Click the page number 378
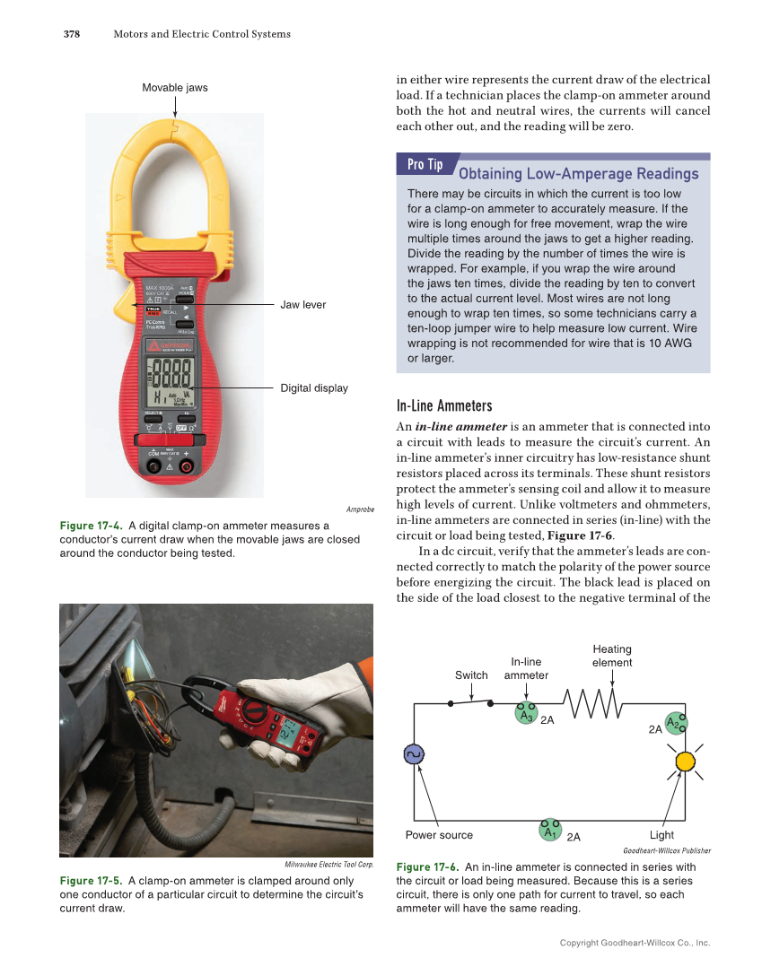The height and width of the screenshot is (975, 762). coord(72,35)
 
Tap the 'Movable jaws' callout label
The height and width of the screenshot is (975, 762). coord(175,87)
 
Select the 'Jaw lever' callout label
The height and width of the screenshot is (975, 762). coord(303,305)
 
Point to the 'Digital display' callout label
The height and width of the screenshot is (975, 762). coord(314,388)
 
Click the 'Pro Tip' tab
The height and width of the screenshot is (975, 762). coord(425,165)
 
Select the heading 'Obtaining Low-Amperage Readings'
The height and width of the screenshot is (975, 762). coord(578,173)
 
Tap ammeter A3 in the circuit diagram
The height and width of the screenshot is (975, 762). coord(526,714)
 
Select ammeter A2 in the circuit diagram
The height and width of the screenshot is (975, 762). coord(676,723)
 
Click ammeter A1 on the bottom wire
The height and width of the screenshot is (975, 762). coord(550,830)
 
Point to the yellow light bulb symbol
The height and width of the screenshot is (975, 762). coord(685,762)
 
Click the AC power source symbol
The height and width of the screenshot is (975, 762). coord(415,755)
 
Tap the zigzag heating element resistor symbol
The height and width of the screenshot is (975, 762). coord(592,704)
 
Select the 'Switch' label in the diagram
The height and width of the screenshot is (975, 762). coord(471,675)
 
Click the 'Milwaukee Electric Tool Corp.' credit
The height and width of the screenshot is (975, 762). coord(328,864)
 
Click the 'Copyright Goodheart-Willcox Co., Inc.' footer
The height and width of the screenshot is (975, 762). coord(634,944)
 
